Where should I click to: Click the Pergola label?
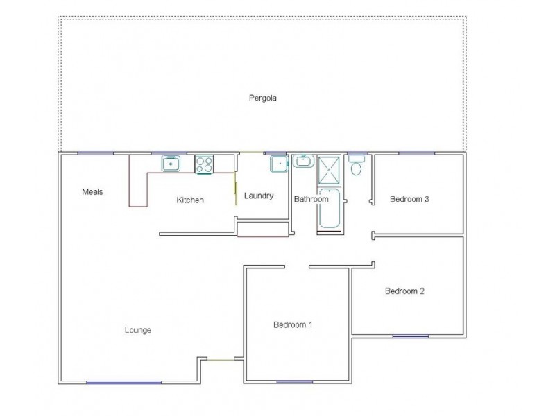point(263,98)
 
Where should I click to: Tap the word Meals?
point(92,192)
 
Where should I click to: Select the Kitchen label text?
point(190,200)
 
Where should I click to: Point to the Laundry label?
point(259,196)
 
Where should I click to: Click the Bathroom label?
point(311,199)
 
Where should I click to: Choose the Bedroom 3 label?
point(409,199)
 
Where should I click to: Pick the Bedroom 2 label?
point(404,291)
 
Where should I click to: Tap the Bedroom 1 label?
point(293,324)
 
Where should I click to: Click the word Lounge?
point(138,330)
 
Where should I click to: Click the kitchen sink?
point(171,164)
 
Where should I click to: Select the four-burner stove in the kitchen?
point(204,164)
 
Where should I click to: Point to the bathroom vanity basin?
point(303,162)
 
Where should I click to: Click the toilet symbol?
point(357,166)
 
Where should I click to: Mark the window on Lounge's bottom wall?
point(123,382)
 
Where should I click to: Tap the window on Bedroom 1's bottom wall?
point(294,382)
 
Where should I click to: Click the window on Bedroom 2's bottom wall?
point(410,336)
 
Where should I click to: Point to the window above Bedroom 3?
point(416,153)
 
